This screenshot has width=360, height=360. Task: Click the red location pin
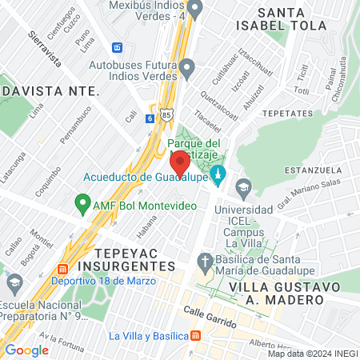pyautogui.click(x=180, y=162)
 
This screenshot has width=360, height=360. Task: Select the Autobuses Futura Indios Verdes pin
pyautogui.click(x=187, y=70)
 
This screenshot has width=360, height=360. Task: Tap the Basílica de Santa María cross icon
pyautogui.click(x=205, y=261)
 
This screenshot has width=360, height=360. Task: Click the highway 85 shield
pyautogui.click(x=166, y=115)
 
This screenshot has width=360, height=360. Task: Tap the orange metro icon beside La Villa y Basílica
pyautogui.click(x=194, y=335)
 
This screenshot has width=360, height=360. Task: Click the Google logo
pyautogui.click(x=26, y=350)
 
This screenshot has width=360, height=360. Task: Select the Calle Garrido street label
pyautogui.click(x=210, y=318)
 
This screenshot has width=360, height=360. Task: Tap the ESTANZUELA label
pyautogui.click(x=318, y=169)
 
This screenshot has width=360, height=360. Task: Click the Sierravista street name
pyautogui.click(x=45, y=47)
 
